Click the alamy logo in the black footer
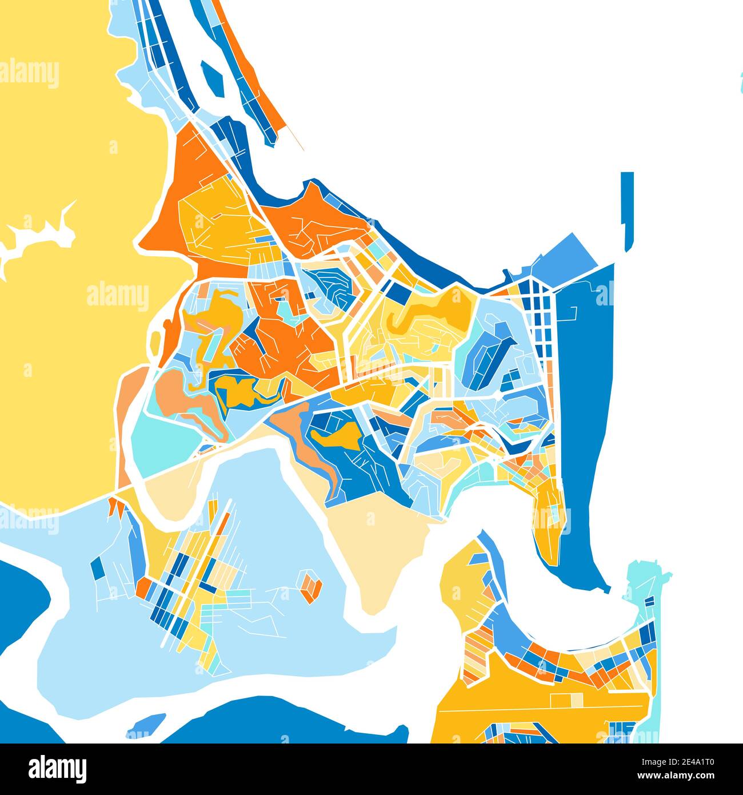(x=58, y=768)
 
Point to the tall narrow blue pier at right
(x=628, y=209)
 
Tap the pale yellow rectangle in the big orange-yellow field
(x=576, y=699)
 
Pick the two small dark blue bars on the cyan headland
(x=649, y=602)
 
